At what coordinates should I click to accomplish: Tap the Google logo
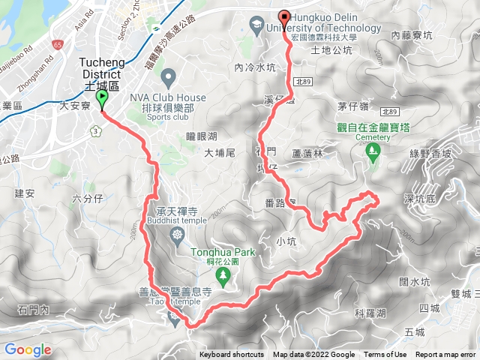tap(27, 350)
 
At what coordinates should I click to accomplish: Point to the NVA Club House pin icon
tap(168, 76)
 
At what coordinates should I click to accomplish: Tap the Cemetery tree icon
tap(370, 153)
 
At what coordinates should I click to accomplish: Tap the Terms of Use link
tap(385, 355)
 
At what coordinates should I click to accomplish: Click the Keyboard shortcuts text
tap(232, 355)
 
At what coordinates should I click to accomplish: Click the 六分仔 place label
tap(87, 198)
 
